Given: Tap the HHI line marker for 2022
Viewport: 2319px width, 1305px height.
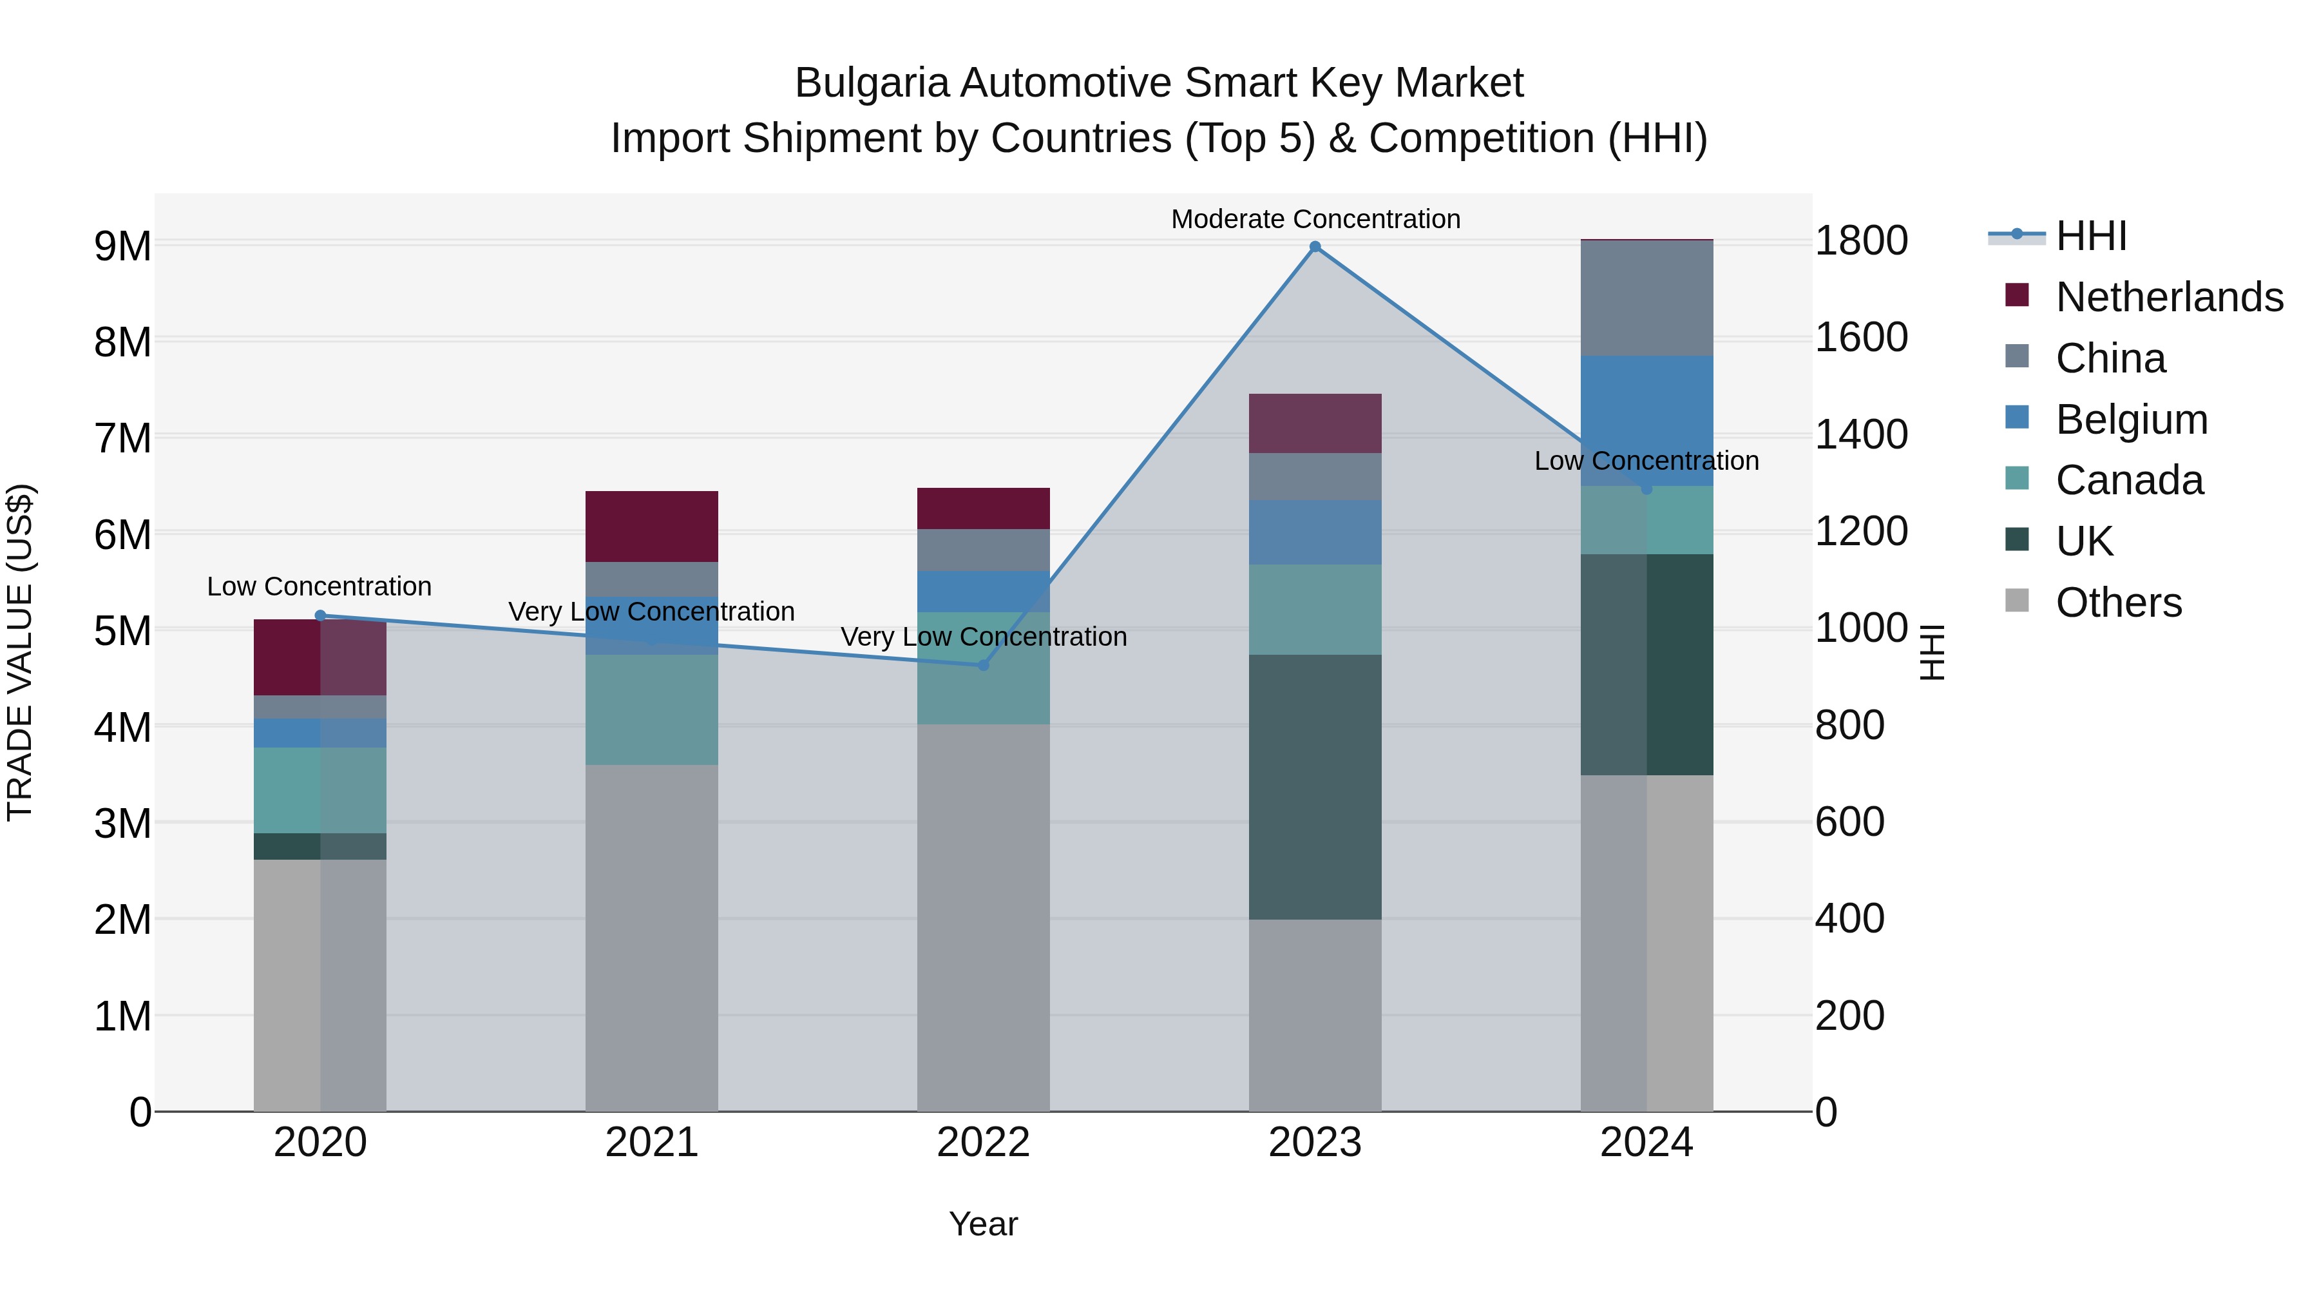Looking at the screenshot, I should (x=983, y=666).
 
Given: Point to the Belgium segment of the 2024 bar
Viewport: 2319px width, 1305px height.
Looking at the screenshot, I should (x=1646, y=421).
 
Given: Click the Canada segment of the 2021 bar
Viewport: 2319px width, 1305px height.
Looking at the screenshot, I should (x=652, y=710).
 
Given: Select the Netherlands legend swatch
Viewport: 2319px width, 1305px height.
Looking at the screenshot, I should (x=2016, y=295).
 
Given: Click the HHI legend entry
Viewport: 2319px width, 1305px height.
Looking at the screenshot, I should (x=2090, y=236).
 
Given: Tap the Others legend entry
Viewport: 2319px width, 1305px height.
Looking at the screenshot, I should (x=2118, y=603).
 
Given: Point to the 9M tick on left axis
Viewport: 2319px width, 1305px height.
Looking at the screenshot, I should (x=122, y=246).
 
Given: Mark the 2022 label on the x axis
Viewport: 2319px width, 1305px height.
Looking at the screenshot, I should (x=983, y=1143).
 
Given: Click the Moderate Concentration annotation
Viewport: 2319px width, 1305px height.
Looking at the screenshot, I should (x=1315, y=219).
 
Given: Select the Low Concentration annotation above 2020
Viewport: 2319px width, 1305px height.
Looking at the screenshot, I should (x=319, y=586).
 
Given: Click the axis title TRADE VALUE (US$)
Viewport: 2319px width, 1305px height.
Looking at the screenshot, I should (x=20, y=652).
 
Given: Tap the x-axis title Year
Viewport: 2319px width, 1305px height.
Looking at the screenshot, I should (x=983, y=1224).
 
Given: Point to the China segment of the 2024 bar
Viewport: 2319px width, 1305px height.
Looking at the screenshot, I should (x=1646, y=298).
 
